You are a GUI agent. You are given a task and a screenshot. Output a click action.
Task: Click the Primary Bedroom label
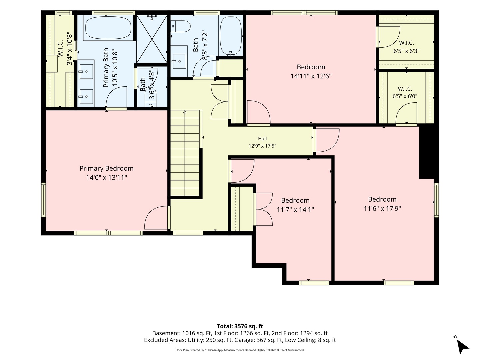(106, 168)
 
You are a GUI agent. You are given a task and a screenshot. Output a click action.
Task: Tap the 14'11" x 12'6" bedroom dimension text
(311, 76)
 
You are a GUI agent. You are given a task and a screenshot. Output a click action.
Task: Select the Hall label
(262, 138)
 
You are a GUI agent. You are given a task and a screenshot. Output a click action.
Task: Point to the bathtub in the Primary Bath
(108, 28)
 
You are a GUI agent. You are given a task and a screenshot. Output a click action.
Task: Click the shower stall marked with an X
(152, 39)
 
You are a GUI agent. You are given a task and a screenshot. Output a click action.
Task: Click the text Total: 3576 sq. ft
(240, 326)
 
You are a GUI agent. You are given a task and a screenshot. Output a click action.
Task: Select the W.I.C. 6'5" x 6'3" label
(406, 47)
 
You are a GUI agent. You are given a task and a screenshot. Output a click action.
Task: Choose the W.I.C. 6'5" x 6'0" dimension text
(405, 96)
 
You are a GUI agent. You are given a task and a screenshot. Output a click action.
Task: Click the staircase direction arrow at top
(185, 112)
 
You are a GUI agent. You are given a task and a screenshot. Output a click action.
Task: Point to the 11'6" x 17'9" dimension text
(382, 209)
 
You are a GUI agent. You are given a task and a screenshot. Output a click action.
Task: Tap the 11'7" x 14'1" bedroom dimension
(295, 210)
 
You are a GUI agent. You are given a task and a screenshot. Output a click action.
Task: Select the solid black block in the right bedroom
(426, 153)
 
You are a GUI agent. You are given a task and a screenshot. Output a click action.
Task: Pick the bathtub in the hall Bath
(231, 38)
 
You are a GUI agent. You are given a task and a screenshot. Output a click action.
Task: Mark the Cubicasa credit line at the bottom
(240, 350)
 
